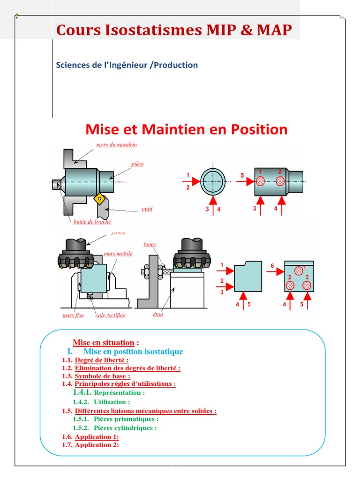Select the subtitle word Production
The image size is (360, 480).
pos(175,65)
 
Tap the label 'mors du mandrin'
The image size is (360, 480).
pos(116,145)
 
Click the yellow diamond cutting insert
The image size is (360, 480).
pos(99,199)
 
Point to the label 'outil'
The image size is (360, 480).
pos(147,209)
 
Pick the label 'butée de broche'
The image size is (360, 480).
pos(92,222)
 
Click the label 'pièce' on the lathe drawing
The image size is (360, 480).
pos(137,164)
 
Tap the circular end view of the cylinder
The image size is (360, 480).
pos(213,181)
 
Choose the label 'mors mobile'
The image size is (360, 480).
pos(118,254)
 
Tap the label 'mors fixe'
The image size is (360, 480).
pos(73,315)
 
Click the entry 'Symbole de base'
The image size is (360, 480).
pos(102,376)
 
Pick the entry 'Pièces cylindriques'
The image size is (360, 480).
pos(125,428)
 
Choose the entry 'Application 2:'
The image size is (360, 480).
pos(97,445)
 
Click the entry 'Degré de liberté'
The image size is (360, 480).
pos(101,360)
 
